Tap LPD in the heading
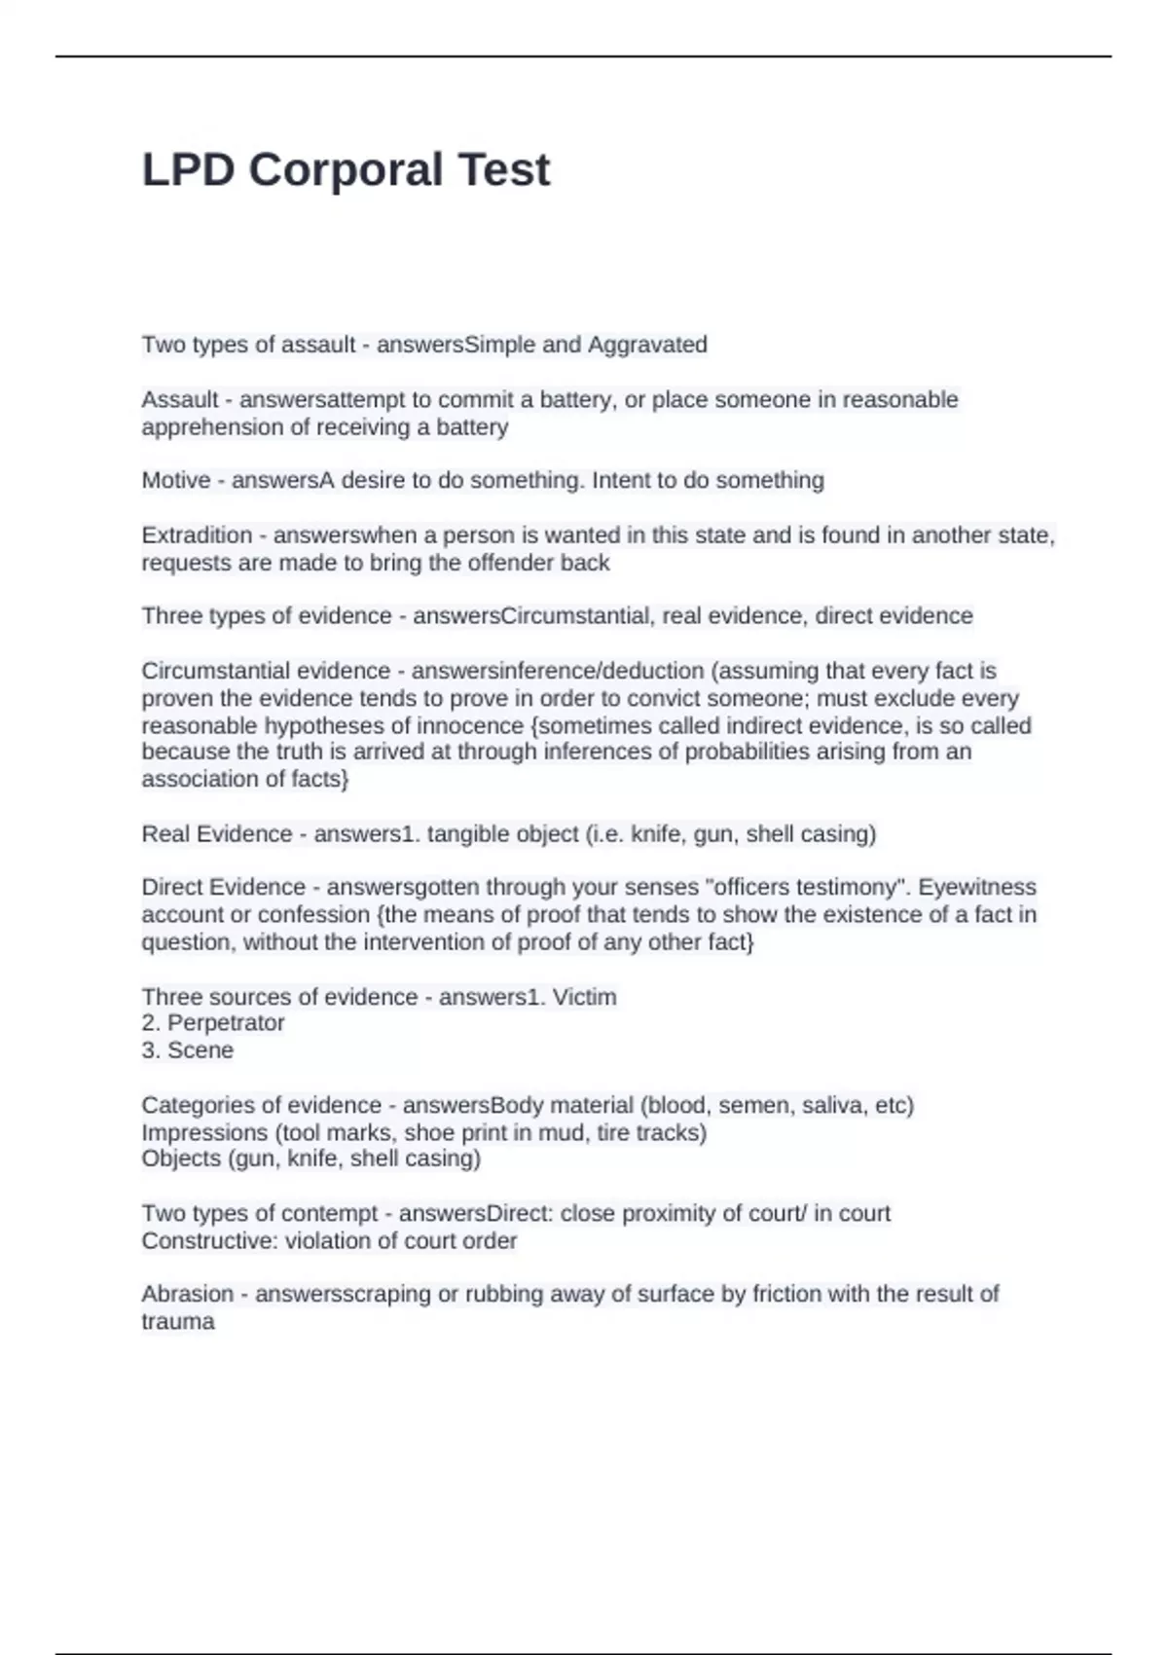point(188,170)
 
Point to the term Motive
point(176,480)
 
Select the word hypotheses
point(337,725)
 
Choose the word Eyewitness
point(977,888)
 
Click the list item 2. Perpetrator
point(213,1023)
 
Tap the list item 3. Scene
point(188,1050)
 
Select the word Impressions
point(204,1133)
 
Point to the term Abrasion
point(188,1295)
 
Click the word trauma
point(178,1322)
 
